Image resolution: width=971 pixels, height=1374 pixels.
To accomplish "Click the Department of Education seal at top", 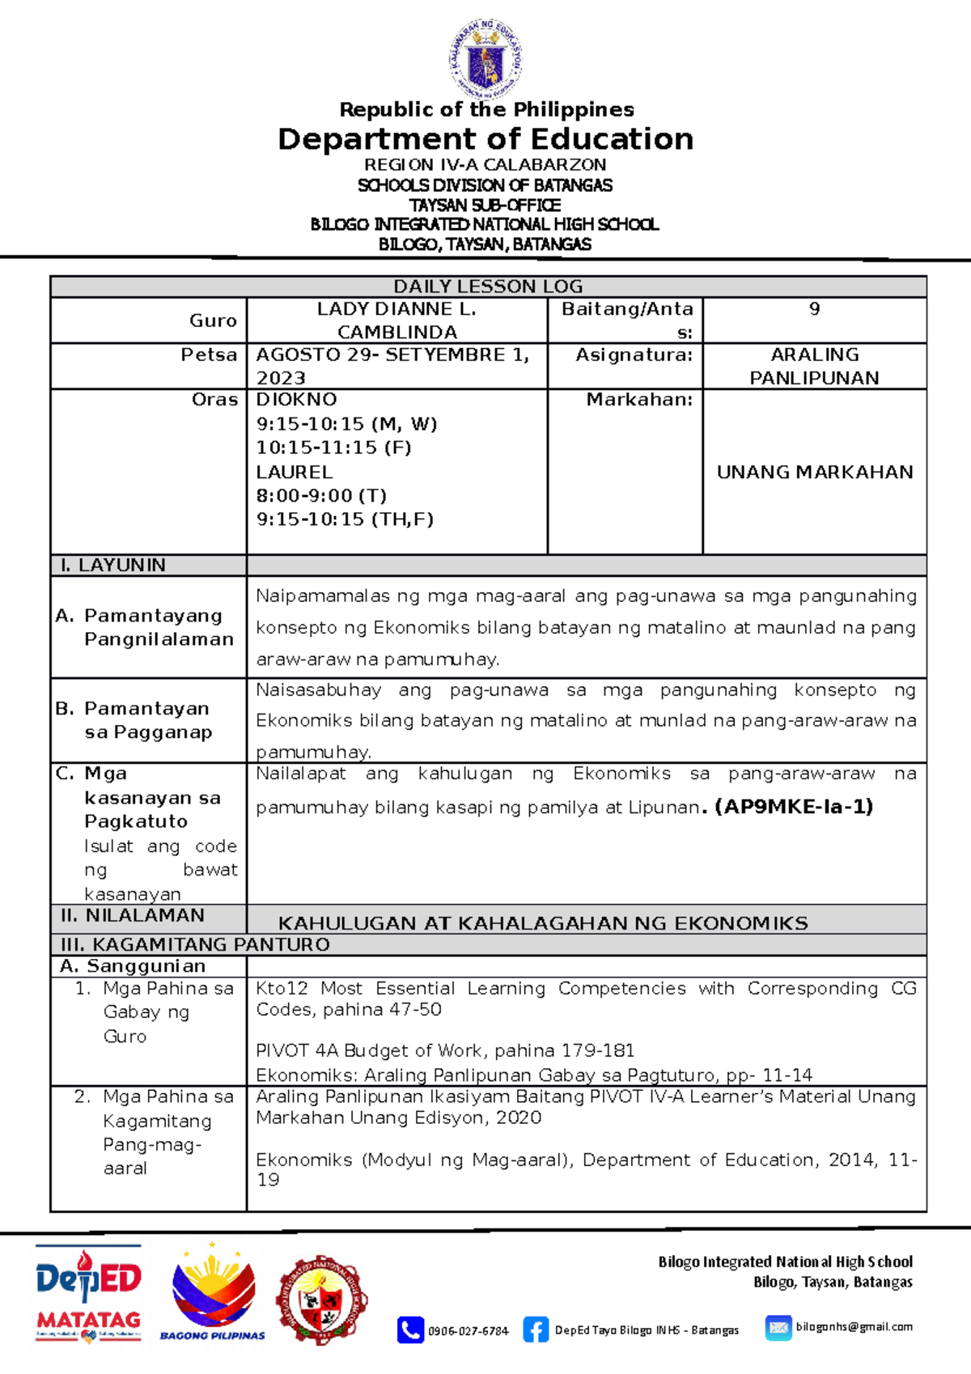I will (485, 60).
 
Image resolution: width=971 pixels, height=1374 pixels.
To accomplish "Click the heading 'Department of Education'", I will (485, 139).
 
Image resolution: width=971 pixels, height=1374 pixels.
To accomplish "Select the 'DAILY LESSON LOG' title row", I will (488, 286).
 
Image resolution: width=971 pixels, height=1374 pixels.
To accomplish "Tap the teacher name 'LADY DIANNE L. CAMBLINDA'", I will (396, 320).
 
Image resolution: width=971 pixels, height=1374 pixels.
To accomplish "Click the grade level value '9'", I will (814, 309).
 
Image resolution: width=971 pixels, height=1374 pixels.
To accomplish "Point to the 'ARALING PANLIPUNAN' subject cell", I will (814, 366).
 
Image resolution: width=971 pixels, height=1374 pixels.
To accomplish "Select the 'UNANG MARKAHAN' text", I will (814, 472).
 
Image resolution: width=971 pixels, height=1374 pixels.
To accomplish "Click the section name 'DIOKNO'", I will (296, 400).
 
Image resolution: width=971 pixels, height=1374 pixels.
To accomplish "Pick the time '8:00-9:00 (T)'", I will (321, 495).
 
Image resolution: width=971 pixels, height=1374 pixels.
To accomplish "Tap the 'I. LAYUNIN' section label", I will (112, 565).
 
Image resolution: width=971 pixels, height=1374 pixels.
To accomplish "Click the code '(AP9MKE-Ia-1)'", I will (794, 807).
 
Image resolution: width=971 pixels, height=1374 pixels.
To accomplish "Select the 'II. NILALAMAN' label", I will (133, 915).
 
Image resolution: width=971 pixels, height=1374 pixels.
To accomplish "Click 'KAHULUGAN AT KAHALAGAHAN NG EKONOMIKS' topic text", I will (543, 923).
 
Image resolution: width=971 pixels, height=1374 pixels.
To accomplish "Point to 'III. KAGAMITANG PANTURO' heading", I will (195, 944).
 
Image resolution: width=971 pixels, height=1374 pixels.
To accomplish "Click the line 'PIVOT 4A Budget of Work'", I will (445, 1050).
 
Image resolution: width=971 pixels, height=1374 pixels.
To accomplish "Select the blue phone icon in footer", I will (410, 1329).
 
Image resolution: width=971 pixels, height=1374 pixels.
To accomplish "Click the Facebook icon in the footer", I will (535, 1329).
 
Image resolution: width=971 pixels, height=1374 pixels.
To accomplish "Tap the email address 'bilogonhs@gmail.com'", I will (854, 1327).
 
